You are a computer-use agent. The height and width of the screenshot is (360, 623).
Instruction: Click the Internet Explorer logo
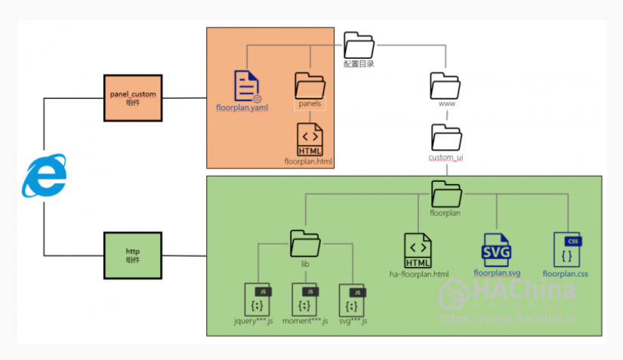click(44, 177)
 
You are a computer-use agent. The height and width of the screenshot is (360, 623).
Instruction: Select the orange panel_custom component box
click(132, 97)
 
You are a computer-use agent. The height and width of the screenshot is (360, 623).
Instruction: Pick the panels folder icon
click(310, 85)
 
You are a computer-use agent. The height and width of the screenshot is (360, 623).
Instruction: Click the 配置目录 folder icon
click(359, 45)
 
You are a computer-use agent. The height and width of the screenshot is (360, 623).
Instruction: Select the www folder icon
click(446, 85)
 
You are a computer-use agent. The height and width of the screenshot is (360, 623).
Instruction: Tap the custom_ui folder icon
click(446, 137)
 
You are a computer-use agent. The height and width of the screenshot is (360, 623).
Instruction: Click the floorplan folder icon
click(446, 195)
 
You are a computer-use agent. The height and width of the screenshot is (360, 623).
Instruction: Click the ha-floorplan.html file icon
click(418, 251)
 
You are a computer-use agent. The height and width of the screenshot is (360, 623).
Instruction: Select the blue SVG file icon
click(497, 250)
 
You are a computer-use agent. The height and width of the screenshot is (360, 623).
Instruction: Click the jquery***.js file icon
click(258, 300)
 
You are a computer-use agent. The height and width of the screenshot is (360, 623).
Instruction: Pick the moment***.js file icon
click(305, 300)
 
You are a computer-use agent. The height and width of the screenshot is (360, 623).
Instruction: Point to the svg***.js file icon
click(353, 300)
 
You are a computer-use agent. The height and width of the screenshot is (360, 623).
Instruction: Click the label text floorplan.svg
click(497, 272)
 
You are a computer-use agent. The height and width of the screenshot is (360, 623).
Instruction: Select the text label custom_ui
click(446, 157)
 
